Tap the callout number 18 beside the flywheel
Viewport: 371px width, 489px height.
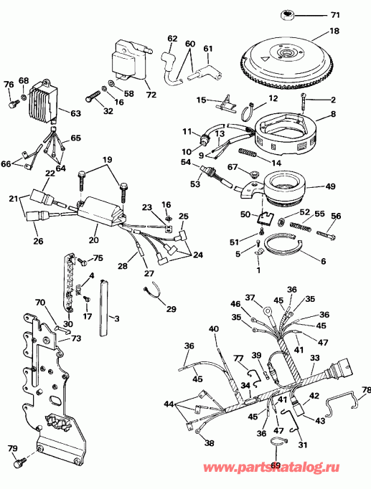pos(354,31)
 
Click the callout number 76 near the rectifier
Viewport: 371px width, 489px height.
pos(9,85)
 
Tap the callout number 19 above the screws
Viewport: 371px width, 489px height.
pos(107,159)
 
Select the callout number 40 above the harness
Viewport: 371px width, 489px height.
pos(213,329)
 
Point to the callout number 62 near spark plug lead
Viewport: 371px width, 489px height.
pos(172,37)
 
